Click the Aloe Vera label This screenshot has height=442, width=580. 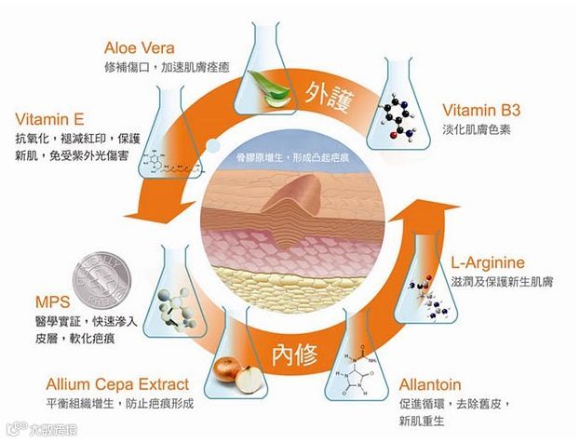140,48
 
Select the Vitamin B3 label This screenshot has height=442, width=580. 480,110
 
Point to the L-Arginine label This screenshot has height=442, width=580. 489,261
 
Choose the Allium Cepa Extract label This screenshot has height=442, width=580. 117,383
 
